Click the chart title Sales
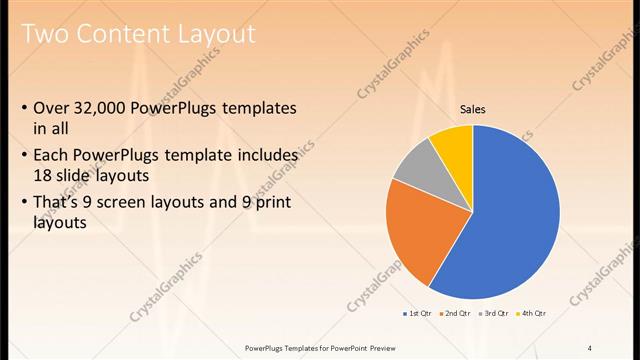pos(472,110)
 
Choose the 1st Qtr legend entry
pos(417,313)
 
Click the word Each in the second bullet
pos(51,156)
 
